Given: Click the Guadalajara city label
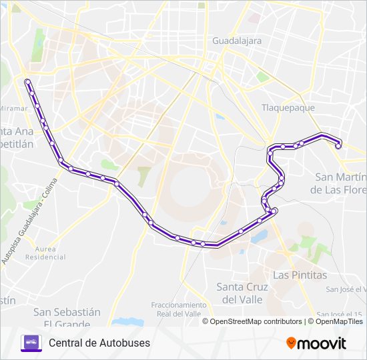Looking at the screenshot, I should click(x=237, y=40).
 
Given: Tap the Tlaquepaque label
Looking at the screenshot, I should click(x=287, y=107).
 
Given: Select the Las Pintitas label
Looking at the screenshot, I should click(x=300, y=275).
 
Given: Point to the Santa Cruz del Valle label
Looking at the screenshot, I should click(x=242, y=293).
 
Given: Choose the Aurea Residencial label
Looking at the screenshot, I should click(x=50, y=252).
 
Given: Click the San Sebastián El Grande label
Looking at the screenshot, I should click(x=67, y=317).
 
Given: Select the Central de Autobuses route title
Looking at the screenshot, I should click(x=99, y=343).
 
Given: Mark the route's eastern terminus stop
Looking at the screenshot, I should click(x=338, y=146).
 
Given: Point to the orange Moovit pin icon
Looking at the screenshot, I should click(x=291, y=343).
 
